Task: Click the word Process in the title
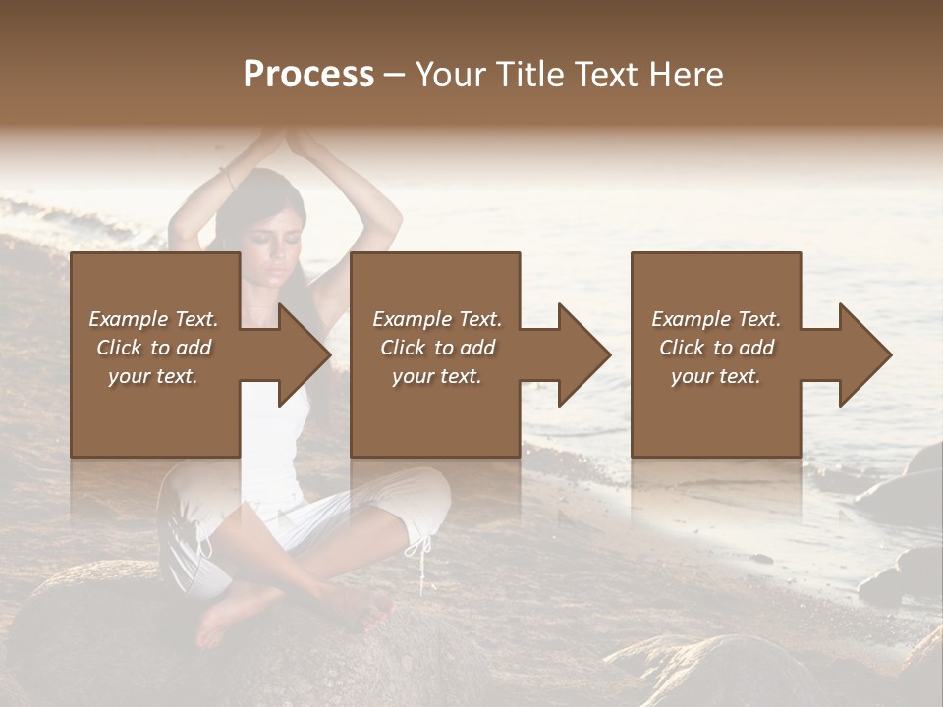click(x=308, y=75)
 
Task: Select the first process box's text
click(x=153, y=348)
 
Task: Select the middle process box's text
click(x=437, y=348)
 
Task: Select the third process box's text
click(x=716, y=348)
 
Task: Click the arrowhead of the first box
click(x=304, y=354)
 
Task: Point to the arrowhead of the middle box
click(x=583, y=354)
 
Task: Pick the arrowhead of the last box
click(x=864, y=354)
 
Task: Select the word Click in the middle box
click(x=401, y=348)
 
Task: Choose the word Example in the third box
click(x=688, y=319)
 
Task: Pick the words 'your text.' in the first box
click(x=153, y=376)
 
